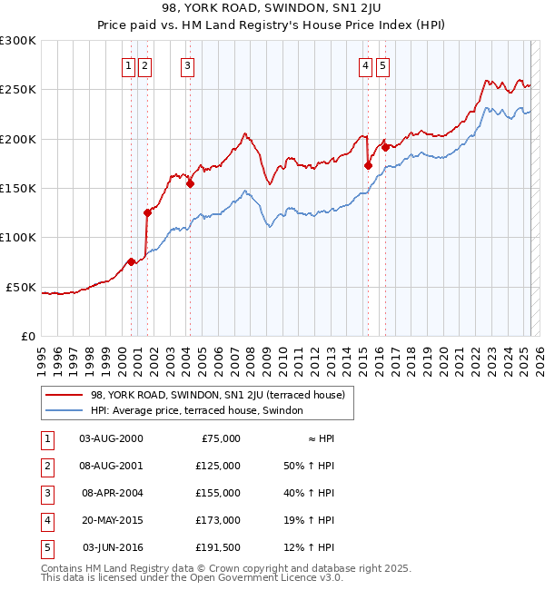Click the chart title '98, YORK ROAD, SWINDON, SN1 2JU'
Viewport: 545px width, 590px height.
(x=272, y=10)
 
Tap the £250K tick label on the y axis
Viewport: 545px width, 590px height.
(x=17, y=90)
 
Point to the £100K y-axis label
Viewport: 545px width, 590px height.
(x=17, y=237)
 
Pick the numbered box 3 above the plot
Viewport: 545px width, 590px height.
(x=186, y=64)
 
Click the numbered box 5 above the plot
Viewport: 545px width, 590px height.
(x=382, y=64)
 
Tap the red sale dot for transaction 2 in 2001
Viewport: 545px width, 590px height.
(x=147, y=212)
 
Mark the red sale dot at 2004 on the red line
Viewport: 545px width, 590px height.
(x=191, y=183)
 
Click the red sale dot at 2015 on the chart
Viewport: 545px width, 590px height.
(x=368, y=166)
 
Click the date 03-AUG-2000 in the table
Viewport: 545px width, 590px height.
(x=111, y=438)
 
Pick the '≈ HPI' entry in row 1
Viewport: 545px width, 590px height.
(x=321, y=438)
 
